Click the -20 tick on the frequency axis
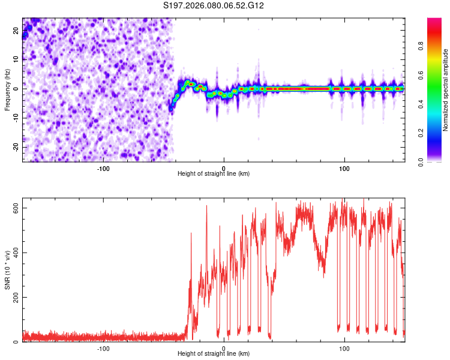(x=15, y=147)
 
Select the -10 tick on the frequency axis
(x=15, y=118)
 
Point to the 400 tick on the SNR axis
(x=14, y=253)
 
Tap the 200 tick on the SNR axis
(x=14, y=297)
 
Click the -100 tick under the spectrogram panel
(x=103, y=167)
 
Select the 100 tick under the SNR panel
(x=344, y=347)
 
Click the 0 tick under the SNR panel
(x=224, y=347)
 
